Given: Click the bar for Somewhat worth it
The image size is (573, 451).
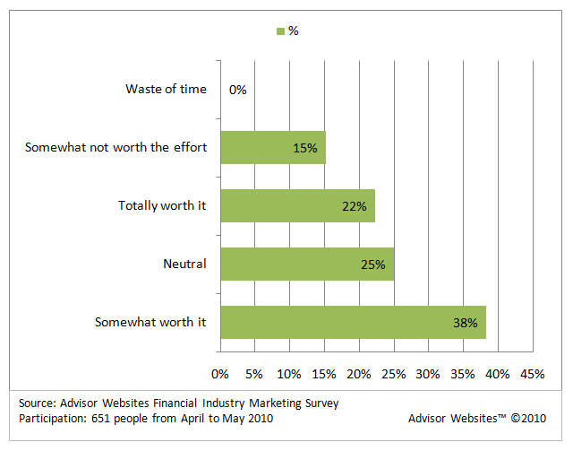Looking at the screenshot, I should pos(352,322).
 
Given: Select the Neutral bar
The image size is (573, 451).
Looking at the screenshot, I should pos(306,265).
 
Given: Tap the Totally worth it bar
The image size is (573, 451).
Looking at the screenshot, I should pos(296,206).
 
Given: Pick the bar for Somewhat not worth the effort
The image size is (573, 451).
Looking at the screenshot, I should pos(272,148).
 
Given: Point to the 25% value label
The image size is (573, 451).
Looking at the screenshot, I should pos(373,265).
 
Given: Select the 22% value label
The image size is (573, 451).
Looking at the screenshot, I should pos(355,206).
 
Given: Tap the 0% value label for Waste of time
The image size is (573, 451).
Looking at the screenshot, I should pos(237,90).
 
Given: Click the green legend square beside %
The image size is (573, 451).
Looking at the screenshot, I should pos(280,31).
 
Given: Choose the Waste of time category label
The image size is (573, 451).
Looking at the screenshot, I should pos(167,90).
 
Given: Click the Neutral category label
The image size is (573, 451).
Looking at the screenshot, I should pos(185,265).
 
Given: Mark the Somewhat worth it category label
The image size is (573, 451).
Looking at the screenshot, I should pos(150,322).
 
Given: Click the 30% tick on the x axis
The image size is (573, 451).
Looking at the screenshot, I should pos(428,373).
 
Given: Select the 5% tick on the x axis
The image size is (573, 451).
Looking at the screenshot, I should pos(254,373).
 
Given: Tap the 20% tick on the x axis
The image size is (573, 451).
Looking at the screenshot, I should pos(358,373).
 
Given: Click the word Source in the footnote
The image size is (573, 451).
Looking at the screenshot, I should pos(36,403).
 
